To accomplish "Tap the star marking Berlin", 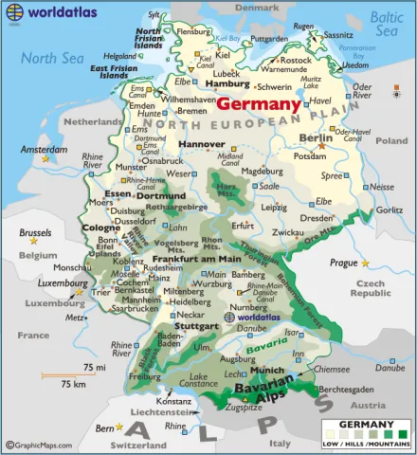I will [x=322, y=146].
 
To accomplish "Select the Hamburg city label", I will [x=220, y=83].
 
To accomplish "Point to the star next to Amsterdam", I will [x=44, y=159].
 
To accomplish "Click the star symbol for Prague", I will [x=365, y=263].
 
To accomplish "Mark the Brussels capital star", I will [x=35, y=243].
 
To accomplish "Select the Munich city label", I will [x=269, y=370].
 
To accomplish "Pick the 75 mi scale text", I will [x=94, y=367].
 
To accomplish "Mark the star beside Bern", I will [x=118, y=428].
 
